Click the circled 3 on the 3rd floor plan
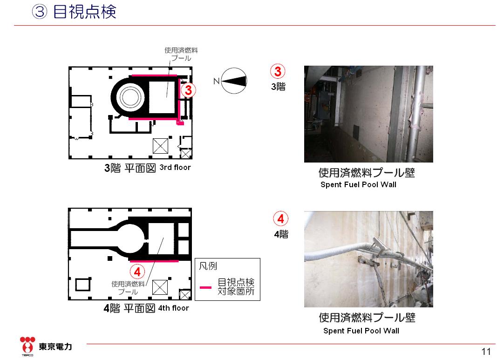click(187, 90)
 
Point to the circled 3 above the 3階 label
click(278, 72)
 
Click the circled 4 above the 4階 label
click(280, 219)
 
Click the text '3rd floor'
click(175, 168)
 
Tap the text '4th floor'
click(174, 308)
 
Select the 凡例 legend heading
click(208, 266)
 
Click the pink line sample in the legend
click(205, 287)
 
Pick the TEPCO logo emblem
click(27, 345)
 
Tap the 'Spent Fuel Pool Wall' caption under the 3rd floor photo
click(358, 185)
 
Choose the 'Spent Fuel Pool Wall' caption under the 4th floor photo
click(361, 331)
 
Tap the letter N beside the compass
click(216, 81)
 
